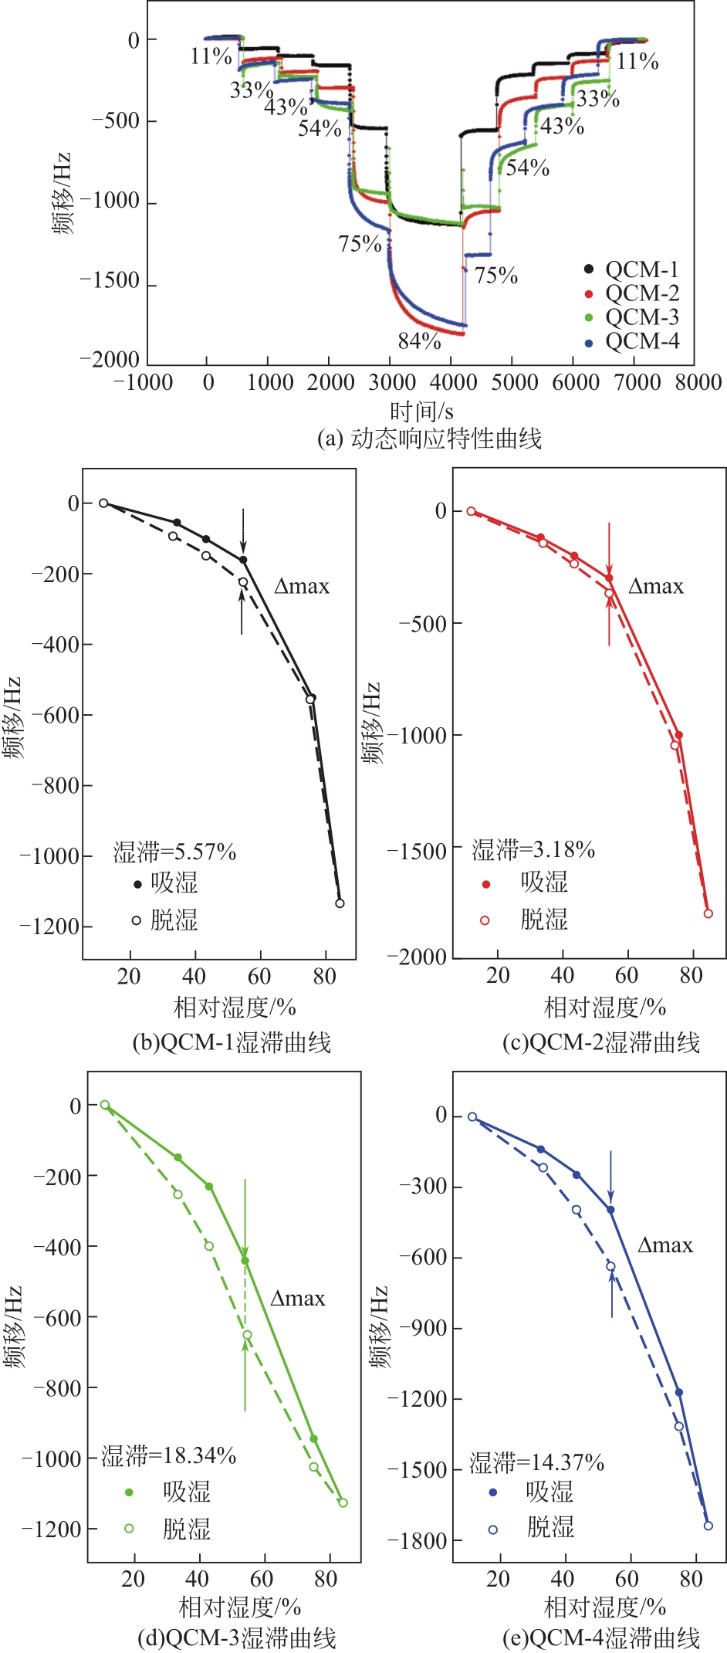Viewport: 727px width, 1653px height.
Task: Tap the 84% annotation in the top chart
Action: pyautogui.click(x=420, y=340)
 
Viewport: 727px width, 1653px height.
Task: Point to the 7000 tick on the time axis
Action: pyautogui.click(x=637, y=382)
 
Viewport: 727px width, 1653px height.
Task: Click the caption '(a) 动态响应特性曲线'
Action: pyautogui.click(x=429, y=439)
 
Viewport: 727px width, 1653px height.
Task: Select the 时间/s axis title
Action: pyautogui.click(x=421, y=411)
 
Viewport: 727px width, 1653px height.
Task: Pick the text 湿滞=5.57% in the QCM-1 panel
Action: pyautogui.click(x=174, y=852)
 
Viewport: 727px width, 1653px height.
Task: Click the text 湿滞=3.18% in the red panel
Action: pyautogui.click(x=533, y=849)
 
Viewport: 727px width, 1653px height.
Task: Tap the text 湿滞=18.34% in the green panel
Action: pyautogui.click(x=169, y=1455)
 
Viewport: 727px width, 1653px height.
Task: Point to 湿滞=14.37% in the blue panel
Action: pyautogui.click(x=536, y=1462)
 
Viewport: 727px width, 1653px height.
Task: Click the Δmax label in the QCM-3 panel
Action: pyautogui.click(x=298, y=1299)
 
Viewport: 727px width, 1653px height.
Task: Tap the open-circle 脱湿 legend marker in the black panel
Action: pyautogui.click(x=137, y=920)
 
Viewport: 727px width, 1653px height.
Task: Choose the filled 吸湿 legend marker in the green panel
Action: pyautogui.click(x=129, y=1492)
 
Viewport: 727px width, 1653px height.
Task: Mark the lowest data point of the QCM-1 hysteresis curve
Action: pyautogui.click(x=340, y=903)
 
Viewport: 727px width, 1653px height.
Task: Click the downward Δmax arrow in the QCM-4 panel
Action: pyautogui.click(x=610, y=1177)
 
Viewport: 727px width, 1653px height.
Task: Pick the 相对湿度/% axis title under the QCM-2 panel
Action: pyautogui.click(x=605, y=1007)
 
